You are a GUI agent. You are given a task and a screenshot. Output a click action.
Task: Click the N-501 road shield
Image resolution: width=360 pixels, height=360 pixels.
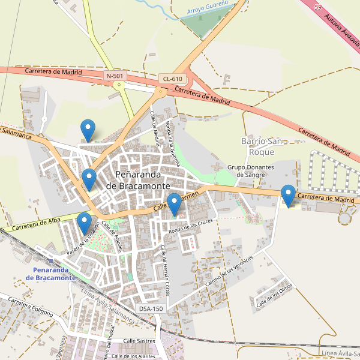(x=115, y=76)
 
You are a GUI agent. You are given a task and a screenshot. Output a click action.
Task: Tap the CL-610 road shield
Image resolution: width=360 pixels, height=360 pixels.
(x=172, y=79)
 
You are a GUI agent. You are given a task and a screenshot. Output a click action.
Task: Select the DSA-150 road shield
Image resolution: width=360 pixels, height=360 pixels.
(x=151, y=308)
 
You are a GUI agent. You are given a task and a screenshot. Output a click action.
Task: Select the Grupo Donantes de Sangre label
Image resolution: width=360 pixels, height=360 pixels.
(x=251, y=171)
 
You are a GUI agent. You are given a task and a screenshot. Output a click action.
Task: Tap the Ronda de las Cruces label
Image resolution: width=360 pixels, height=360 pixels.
(x=191, y=226)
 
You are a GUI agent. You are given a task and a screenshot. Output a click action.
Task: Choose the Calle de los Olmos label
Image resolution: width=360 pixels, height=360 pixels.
(x=274, y=296)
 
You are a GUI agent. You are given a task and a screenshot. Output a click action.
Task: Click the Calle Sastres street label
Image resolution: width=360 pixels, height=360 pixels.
(x=139, y=341)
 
